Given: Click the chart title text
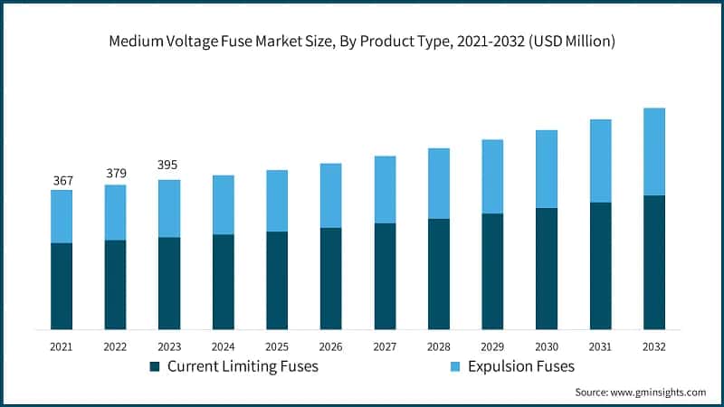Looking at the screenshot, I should [362, 41].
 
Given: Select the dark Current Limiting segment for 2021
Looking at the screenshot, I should [62, 286].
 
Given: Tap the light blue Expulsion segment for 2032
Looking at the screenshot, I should [653, 151].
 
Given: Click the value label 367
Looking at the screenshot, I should [62, 181].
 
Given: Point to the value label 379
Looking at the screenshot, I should [116, 173].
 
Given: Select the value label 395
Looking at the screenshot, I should [168, 165].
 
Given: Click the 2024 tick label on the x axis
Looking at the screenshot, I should [223, 346].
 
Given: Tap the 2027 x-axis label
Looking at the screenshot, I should [385, 346].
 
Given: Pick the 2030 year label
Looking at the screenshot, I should [547, 346].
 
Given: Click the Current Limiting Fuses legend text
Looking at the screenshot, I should [243, 366].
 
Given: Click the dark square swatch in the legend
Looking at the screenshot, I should [155, 366].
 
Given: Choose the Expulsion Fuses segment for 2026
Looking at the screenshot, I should [330, 195].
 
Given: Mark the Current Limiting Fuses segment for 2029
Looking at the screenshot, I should [492, 271].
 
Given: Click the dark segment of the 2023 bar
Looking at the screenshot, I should [169, 283].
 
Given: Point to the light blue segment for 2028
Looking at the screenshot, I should [438, 184].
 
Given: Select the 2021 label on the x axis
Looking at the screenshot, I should [62, 346].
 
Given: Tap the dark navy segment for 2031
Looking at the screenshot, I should [600, 266].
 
